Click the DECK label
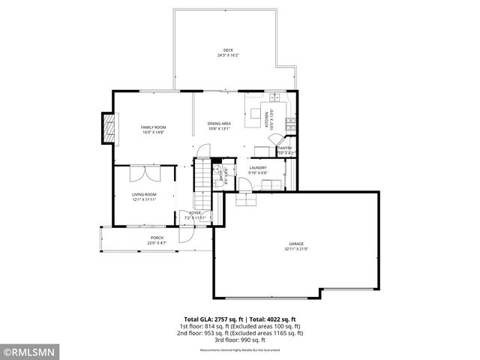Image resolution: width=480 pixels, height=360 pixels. [x=228, y=50]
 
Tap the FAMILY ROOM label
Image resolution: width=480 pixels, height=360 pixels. [x=153, y=127]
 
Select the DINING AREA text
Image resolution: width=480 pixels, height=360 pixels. [x=219, y=123]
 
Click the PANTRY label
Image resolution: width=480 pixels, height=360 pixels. [x=285, y=148]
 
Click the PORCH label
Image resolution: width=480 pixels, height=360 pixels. [x=156, y=238]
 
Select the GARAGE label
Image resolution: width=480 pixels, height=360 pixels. [x=296, y=244]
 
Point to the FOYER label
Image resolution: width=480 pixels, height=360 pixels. [x=194, y=213]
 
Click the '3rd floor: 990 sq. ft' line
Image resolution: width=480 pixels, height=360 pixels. [x=240, y=340]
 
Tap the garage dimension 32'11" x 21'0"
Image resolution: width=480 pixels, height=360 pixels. [x=296, y=248]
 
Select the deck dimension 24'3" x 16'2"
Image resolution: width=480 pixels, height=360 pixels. [x=228, y=55]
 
